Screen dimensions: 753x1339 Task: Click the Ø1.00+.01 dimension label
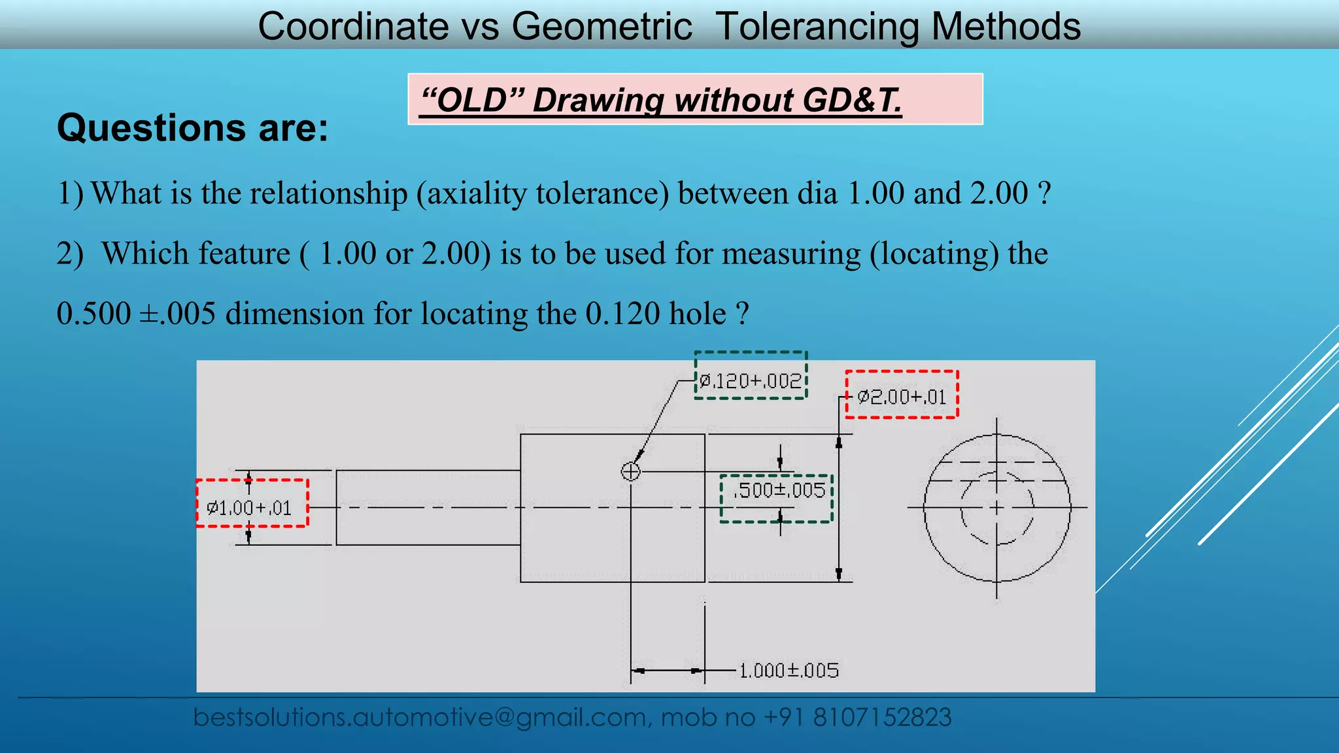[249, 508]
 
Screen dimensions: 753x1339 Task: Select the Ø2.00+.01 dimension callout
[902, 396]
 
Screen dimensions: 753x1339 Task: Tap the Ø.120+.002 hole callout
[751, 380]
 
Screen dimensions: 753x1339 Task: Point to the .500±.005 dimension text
[779, 490]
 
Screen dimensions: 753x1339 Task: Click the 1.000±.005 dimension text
[788, 671]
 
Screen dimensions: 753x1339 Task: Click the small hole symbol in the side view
[630, 471]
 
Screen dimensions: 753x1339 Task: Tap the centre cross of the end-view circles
[996, 507]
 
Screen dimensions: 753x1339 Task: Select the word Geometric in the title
[602, 27]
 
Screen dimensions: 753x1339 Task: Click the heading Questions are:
[192, 127]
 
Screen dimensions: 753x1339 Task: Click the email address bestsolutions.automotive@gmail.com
[419, 718]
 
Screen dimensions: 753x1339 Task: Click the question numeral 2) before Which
[70, 254]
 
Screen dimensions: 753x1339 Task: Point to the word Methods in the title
[1006, 27]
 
